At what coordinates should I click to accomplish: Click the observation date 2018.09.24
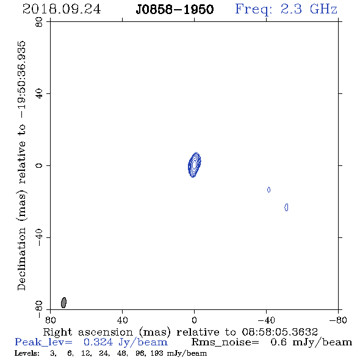[x=62, y=9]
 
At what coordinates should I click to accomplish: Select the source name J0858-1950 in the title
[x=175, y=10]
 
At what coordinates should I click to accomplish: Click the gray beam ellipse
[x=63, y=303]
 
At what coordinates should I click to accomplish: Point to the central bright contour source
[x=194, y=165]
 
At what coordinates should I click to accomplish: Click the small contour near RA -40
[x=269, y=190]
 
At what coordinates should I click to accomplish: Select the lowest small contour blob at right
[x=286, y=207]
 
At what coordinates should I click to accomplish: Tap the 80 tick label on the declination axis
[x=39, y=22]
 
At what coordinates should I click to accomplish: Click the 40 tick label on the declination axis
[x=39, y=94]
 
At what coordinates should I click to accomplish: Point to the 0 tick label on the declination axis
[x=39, y=165]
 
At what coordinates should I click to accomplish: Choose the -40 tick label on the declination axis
[x=39, y=237]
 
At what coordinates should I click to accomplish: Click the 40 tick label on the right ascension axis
[x=122, y=320]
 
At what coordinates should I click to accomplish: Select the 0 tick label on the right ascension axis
[x=194, y=320]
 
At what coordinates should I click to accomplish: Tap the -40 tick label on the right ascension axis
[x=266, y=320]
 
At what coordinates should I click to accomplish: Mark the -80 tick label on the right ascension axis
[x=338, y=320]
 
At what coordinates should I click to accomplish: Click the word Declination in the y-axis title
[x=21, y=259]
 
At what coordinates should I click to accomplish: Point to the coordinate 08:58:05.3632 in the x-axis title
[x=280, y=332]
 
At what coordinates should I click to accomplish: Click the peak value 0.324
[x=98, y=342]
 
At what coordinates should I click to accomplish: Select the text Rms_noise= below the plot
[x=225, y=342]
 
